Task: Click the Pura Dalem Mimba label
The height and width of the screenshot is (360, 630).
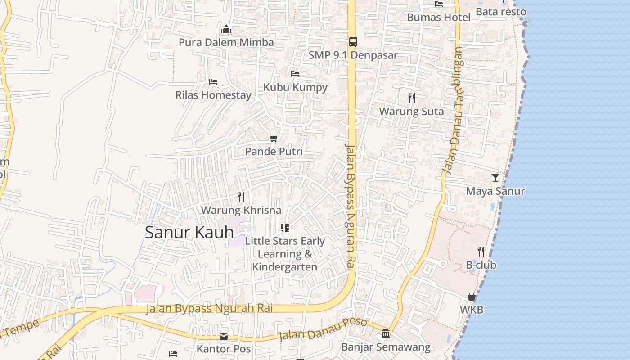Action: point(226,42)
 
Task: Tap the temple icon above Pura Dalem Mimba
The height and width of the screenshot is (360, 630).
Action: point(226,30)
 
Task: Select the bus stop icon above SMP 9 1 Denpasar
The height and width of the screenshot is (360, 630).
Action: point(353,42)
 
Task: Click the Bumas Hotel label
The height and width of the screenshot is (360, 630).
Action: point(438,17)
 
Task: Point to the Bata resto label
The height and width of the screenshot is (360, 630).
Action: point(500,12)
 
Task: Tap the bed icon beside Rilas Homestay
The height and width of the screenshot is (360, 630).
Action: point(213,82)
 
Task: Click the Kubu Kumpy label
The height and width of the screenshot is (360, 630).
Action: point(295,87)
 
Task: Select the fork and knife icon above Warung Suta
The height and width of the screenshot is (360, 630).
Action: point(411,98)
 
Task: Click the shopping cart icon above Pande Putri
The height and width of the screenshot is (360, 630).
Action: point(274,138)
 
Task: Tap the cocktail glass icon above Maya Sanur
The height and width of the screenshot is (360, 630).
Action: point(495,178)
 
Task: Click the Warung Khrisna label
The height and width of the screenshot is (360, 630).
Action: point(241,210)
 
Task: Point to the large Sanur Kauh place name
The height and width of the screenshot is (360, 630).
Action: point(189,232)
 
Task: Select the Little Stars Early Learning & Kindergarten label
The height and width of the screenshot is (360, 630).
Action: point(284,254)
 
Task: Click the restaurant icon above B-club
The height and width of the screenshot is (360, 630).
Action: point(481,252)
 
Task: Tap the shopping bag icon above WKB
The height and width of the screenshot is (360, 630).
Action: point(471,297)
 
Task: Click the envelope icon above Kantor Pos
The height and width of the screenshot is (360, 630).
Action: point(223,336)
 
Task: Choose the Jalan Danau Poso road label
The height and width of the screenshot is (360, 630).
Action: point(323,330)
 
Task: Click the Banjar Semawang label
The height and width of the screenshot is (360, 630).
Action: point(386,347)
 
